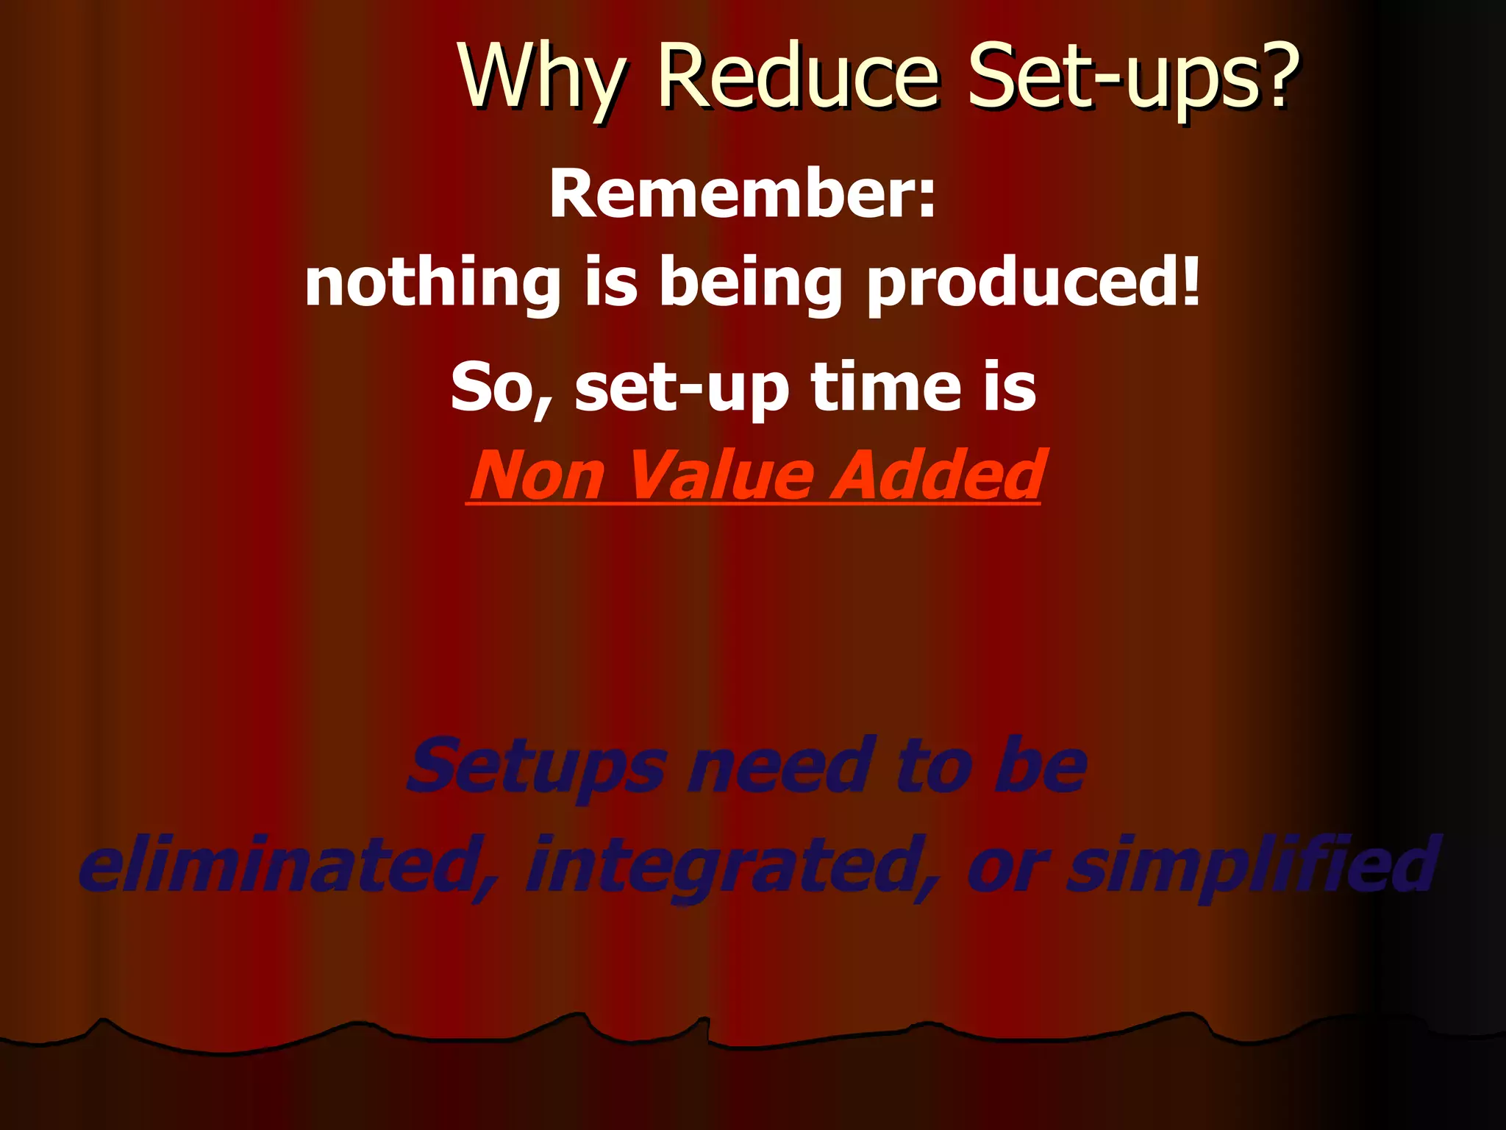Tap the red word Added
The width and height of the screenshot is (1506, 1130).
tap(938, 475)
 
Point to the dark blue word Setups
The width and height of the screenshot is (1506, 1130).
tap(538, 768)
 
